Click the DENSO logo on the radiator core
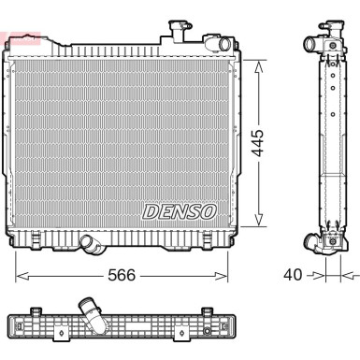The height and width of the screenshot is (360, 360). [x=180, y=211]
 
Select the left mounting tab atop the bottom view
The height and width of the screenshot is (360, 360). [x=36, y=310]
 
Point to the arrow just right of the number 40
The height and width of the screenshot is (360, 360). [x=317, y=275]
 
